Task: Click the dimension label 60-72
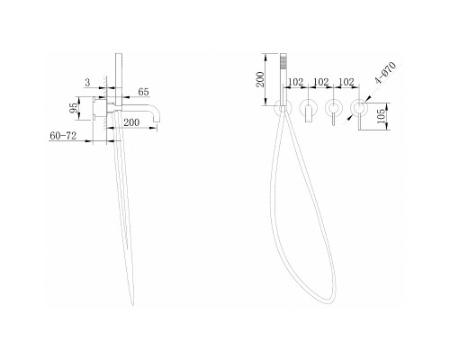pos(63,136)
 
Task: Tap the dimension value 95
pos(74,108)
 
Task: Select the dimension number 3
pos(87,83)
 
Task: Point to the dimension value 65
pos(143,92)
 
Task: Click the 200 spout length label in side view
pos(131,122)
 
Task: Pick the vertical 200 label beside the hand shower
pos(260,79)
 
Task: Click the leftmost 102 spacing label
pos(296,82)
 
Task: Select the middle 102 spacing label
pos(321,82)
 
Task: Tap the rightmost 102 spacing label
pos(346,82)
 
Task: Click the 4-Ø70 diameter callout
pos(385,73)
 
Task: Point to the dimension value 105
pos(381,115)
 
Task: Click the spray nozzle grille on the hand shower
pos(282,64)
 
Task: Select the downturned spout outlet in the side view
pos(157,119)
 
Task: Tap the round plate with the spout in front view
pos(309,107)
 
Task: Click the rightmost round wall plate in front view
pos(359,107)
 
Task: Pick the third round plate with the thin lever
pos(334,107)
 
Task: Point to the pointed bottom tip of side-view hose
pos(132,305)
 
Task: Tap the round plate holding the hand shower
pos(283,107)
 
